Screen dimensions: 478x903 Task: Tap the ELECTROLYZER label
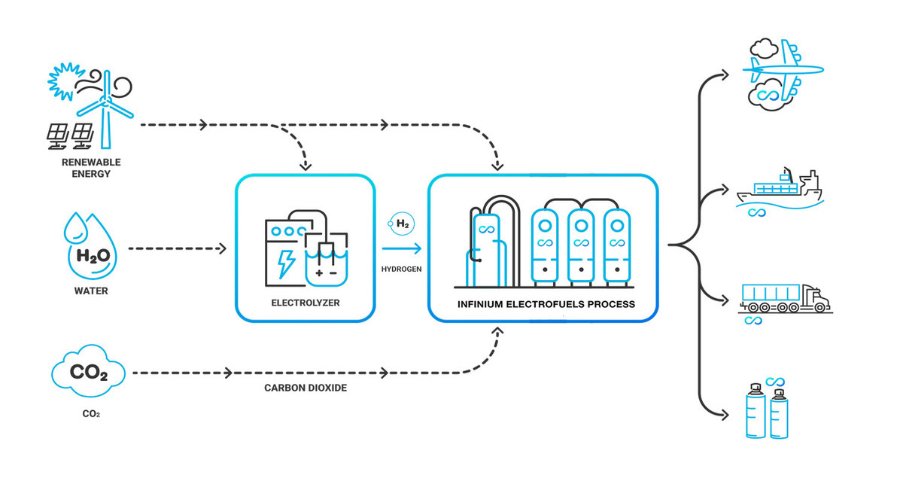coord(305,305)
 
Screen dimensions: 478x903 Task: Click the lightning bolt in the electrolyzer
coord(287,263)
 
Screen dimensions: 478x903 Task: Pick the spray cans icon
coord(768,411)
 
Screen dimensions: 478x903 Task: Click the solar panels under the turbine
coord(70,134)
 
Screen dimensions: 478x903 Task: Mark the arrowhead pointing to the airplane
coord(724,74)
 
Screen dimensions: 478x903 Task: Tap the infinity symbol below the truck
coord(752,321)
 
